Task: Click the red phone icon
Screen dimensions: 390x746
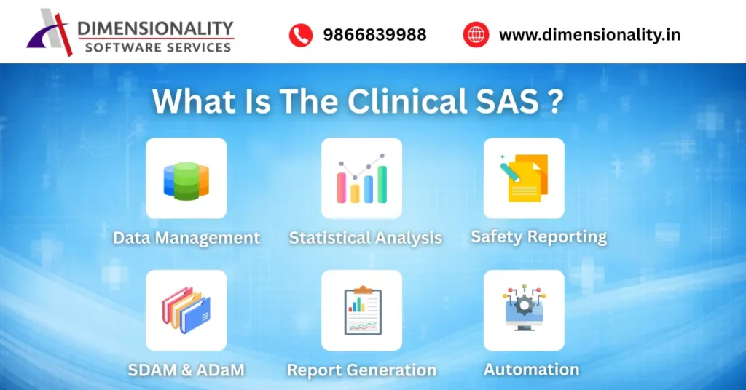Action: pyautogui.click(x=300, y=35)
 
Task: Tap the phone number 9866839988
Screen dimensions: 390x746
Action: pyautogui.click(x=374, y=35)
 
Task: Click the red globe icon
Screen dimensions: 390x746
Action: pyautogui.click(x=476, y=35)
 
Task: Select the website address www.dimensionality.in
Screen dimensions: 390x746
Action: pyautogui.click(x=589, y=35)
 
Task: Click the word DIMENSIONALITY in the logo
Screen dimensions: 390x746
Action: pyautogui.click(x=155, y=28)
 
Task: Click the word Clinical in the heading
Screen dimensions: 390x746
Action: pyautogui.click(x=407, y=101)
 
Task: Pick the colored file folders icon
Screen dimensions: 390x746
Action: pyautogui.click(x=186, y=311)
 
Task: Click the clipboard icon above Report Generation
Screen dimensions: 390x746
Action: pyautogui.click(x=361, y=311)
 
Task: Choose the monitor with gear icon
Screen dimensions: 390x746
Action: pyautogui.click(x=524, y=310)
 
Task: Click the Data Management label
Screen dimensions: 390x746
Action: pyautogui.click(x=186, y=238)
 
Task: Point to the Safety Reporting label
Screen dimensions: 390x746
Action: pyautogui.click(x=538, y=236)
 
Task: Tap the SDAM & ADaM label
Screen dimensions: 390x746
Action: pyautogui.click(x=186, y=370)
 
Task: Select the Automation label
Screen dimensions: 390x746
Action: pyautogui.click(x=532, y=370)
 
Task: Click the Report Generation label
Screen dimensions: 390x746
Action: pyautogui.click(x=361, y=370)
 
